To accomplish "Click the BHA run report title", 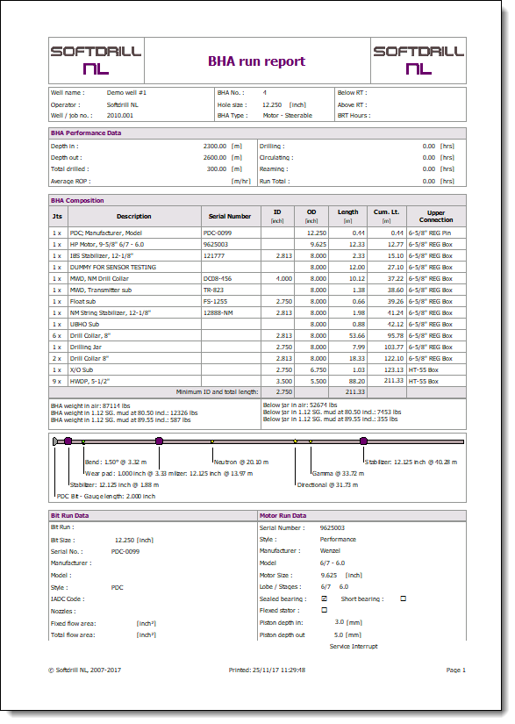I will [256, 61].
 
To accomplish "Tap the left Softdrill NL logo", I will [96, 60].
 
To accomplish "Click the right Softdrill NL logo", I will [418, 60].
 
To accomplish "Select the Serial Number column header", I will [230, 216].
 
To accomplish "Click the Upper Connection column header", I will [436, 216].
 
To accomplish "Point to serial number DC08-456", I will [218, 278].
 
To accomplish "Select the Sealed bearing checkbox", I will [325, 599].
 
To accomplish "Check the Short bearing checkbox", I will [404, 599].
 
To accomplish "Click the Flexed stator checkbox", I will [325, 609].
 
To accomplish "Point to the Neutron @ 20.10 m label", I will [241, 462].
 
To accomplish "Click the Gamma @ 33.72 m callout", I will [338, 473].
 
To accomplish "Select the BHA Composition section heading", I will [77, 200].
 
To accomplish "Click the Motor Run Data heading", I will [283, 515].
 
